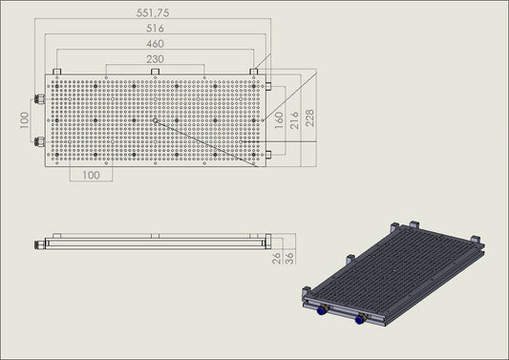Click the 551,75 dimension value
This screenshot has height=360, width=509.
[x=153, y=13]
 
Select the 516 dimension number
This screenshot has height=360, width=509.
[x=155, y=29]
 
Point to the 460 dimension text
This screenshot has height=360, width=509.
[x=155, y=44]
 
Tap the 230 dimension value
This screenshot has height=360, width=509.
[x=155, y=59]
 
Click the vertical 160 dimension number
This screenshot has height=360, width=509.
[x=279, y=120]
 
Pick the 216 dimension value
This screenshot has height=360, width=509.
[x=294, y=120]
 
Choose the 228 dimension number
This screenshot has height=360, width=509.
[x=310, y=117]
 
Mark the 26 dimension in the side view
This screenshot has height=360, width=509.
[x=277, y=258]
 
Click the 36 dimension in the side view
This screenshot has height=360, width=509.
[x=289, y=258]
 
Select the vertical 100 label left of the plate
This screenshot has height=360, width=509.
[x=24, y=120]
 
